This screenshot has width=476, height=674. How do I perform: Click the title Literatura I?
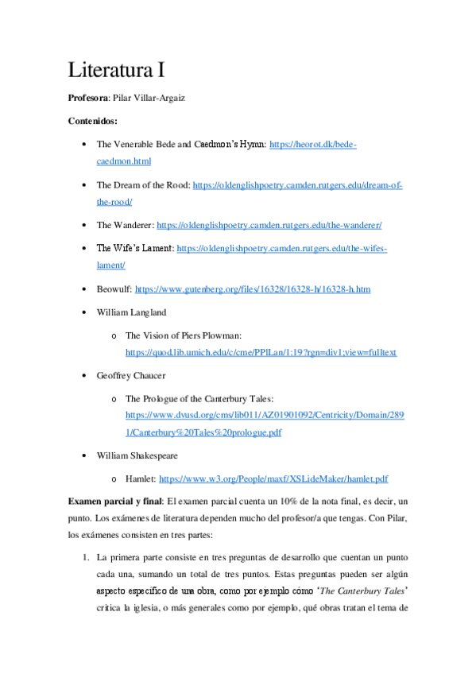(116, 70)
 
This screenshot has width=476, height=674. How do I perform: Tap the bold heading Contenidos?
(93, 122)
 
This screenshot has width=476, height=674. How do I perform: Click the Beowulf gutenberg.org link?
(253, 289)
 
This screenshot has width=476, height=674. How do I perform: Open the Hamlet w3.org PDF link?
(273, 479)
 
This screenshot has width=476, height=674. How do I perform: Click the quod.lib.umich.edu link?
(261, 352)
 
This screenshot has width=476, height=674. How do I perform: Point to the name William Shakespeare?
(137, 456)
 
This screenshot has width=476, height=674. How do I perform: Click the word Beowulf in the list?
(113, 289)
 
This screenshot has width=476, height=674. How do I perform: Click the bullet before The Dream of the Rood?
(85, 185)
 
